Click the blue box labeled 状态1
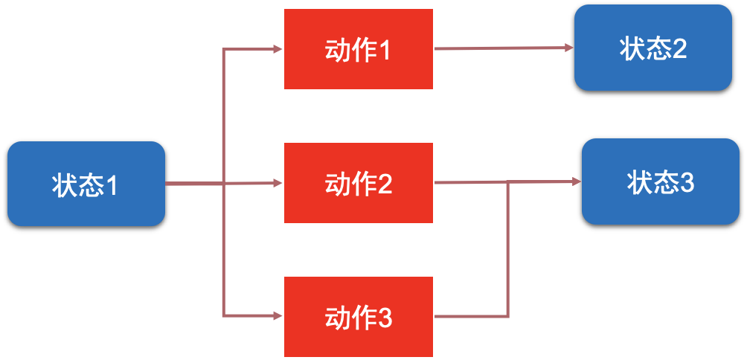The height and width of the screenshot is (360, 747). pyautogui.click(x=86, y=184)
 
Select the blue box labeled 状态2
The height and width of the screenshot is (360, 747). pyautogui.click(x=653, y=48)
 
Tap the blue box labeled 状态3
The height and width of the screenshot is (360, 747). pyautogui.click(x=660, y=181)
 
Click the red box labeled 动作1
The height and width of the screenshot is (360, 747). pyautogui.click(x=358, y=49)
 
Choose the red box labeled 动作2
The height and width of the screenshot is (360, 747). pyautogui.click(x=358, y=183)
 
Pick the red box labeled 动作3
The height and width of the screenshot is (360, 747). pyautogui.click(x=358, y=316)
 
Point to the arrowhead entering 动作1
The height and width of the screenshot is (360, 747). pyautogui.click(x=277, y=49)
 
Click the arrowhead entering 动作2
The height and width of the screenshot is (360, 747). pyautogui.click(x=277, y=183)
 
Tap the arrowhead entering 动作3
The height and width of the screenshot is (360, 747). pyautogui.click(x=277, y=316)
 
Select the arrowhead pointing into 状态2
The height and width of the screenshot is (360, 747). pyautogui.click(x=569, y=48)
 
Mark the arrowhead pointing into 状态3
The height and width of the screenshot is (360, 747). pyautogui.click(x=577, y=181)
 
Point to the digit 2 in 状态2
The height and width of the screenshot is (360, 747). pyautogui.click(x=679, y=49)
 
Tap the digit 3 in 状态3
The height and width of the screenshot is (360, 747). pyautogui.click(x=687, y=183)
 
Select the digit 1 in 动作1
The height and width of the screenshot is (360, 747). pyautogui.click(x=385, y=51)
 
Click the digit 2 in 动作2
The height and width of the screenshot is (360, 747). pyautogui.click(x=385, y=184)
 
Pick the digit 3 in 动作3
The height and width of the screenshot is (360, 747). pyautogui.click(x=385, y=318)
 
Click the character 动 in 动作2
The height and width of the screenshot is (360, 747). pyautogui.click(x=337, y=184)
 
